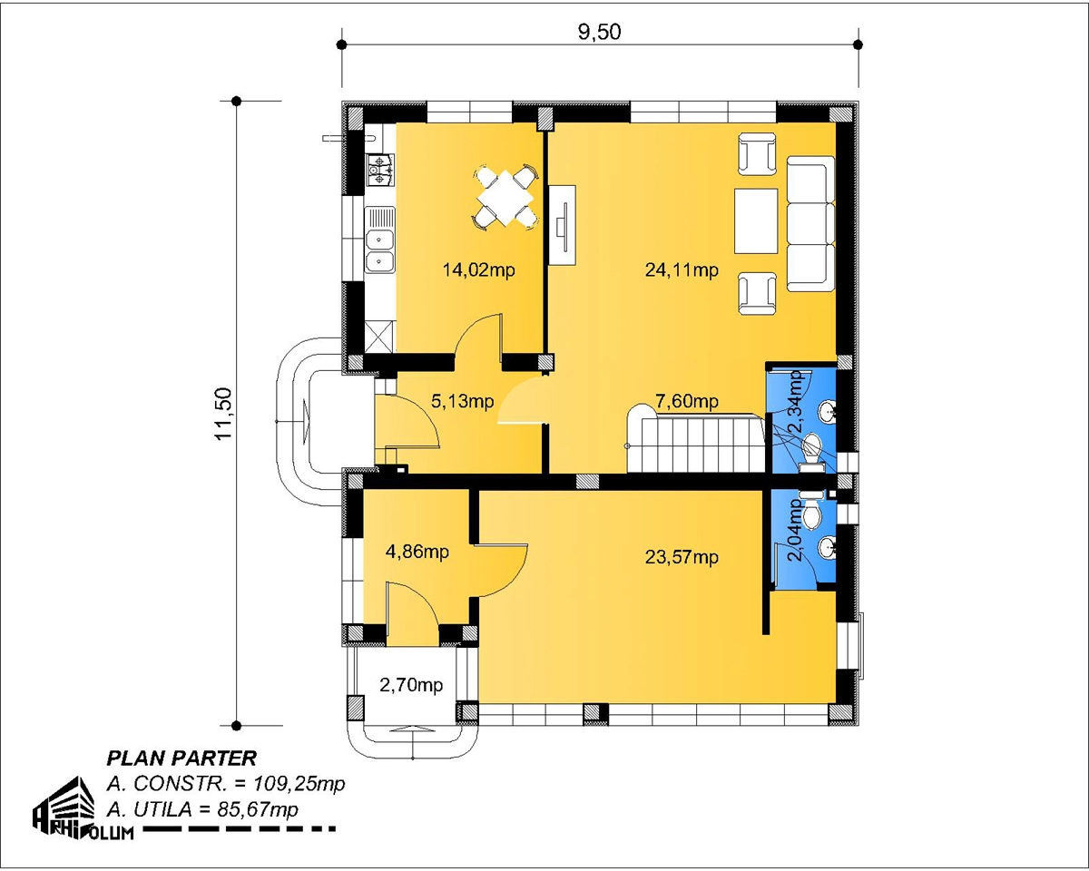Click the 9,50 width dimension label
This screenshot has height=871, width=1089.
(x=600, y=32)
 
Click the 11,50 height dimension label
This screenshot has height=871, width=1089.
(x=223, y=414)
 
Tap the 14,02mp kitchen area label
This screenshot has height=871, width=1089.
(x=479, y=269)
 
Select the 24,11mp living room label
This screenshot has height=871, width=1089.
(x=682, y=269)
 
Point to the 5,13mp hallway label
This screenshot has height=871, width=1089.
(x=463, y=401)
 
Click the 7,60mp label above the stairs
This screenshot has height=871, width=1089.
(x=687, y=401)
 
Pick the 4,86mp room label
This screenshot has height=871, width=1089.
(x=417, y=551)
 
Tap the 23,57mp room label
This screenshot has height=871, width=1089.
(x=682, y=557)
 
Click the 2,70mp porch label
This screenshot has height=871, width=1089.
(x=411, y=685)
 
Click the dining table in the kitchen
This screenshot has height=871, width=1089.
(x=505, y=199)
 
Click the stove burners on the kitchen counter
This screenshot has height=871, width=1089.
(x=379, y=170)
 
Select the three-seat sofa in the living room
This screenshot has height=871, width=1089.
(x=810, y=224)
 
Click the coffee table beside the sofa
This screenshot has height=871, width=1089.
(x=756, y=221)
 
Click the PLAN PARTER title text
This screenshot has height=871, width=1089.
(x=181, y=758)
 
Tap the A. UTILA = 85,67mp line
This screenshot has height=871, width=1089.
(x=202, y=810)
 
